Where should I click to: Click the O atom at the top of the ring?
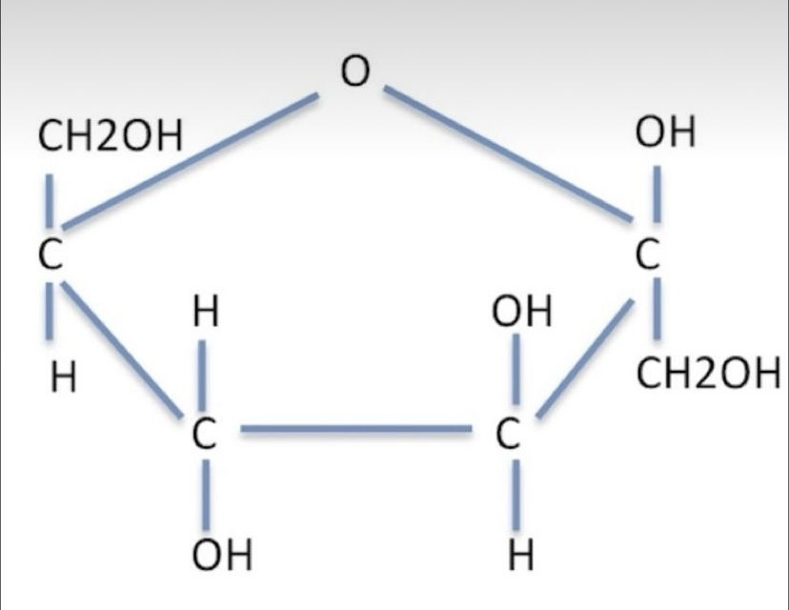click(354, 71)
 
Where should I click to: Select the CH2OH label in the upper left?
click(111, 136)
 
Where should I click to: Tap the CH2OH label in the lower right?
click(709, 373)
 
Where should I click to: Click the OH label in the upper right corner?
click(665, 132)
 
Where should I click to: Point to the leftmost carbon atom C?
click(51, 254)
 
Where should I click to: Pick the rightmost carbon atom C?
click(647, 254)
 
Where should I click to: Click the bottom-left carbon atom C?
click(204, 434)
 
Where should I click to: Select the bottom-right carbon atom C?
click(507, 434)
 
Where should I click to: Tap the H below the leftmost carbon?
click(64, 377)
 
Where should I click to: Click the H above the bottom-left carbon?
click(207, 311)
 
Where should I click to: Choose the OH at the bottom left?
click(222, 554)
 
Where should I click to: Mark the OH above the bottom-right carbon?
click(522, 311)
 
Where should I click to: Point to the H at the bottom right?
click(521, 555)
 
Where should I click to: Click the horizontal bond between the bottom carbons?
click(356, 429)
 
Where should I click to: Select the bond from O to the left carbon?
click(190, 160)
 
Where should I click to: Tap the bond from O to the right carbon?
click(508, 153)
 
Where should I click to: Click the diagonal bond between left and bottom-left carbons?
click(122, 349)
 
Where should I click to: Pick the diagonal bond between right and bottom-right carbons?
click(585, 358)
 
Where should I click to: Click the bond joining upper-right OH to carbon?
click(657, 193)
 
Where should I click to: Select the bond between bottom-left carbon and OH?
click(207, 495)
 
